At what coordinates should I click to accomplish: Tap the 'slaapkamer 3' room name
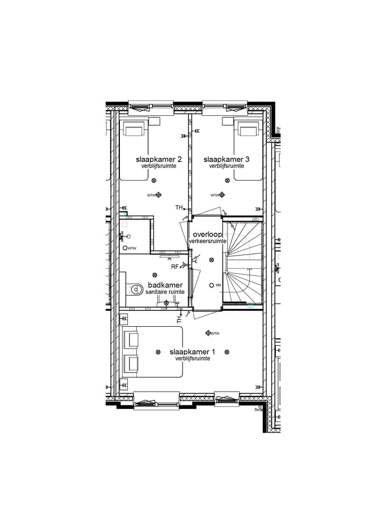pos(227,159)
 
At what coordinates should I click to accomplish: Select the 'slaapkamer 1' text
pos(192,352)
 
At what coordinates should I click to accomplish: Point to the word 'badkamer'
pos(165,285)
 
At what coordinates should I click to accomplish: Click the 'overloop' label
pos(207,234)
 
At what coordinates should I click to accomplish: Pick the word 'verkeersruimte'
pos(207,241)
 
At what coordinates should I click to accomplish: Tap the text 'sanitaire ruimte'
pos(165,292)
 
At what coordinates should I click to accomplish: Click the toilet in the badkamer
pos(135,289)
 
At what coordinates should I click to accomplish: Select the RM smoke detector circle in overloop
pos(211,285)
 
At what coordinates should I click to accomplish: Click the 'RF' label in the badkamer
pos(175,267)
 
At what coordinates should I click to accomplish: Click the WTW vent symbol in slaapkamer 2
pos(158,195)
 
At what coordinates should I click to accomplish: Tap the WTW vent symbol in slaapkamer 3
pos(221,195)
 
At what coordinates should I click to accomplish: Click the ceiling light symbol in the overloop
pos(211,260)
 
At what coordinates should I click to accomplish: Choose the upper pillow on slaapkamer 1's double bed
pos(131,339)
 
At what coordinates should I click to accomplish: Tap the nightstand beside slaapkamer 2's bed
pos(154,121)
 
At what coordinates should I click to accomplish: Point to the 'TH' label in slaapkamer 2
pos(179,207)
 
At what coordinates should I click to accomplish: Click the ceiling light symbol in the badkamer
pos(154,275)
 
